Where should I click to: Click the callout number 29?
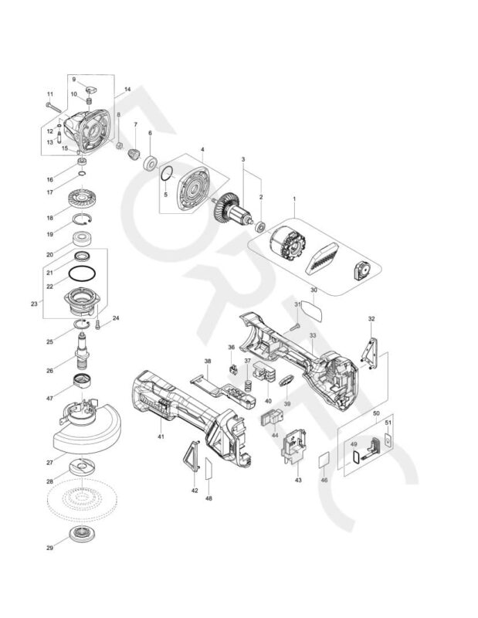tap(49, 548)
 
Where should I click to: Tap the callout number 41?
tap(161, 437)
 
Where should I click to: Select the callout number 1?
tap(294, 199)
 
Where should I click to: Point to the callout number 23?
tap(34, 304)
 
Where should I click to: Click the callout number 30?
tap(314, 290)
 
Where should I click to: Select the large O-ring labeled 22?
tap(81, 276)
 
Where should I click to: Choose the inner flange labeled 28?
tap(81, 467)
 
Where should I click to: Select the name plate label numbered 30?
tap(312, 307)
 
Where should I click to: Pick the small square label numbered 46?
tap(324, 460)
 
